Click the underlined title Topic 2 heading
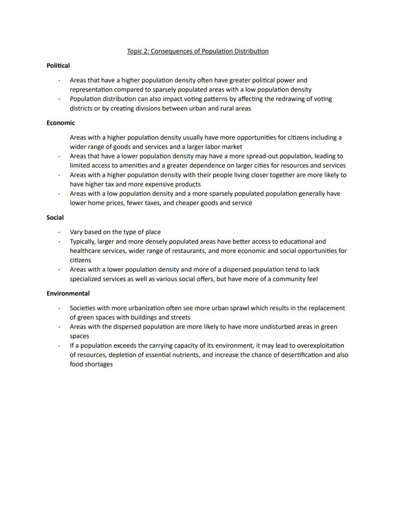pos(198,51)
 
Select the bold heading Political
pos(58,65)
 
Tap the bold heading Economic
pos(60,123)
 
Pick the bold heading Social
pos(55,218)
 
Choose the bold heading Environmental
pos(68,294)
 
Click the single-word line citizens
pos(80,261)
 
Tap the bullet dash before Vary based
pos(59,232)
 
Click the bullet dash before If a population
pos(59,346)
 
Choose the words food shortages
pos(91,364)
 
